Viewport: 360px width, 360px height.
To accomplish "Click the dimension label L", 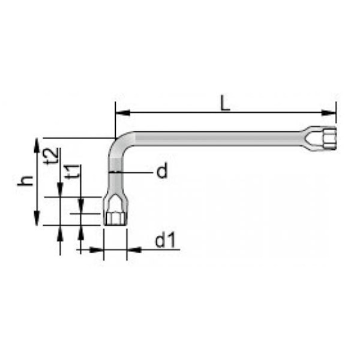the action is tap(225, 103).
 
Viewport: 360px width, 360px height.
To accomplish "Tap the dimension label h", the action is tap(26, 181).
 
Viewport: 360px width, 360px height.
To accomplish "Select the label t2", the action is tap(51, 156).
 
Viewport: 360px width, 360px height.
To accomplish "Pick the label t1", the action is tap(73, 172).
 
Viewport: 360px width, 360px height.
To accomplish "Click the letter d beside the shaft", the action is tap(162, 170).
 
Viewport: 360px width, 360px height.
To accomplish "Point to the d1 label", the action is tap(166, 240).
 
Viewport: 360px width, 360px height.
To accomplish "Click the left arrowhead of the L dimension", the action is tap(122, 113).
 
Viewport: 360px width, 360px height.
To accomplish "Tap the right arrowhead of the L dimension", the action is tap(329, 113).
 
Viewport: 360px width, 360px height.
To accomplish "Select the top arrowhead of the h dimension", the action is tap(37, 145).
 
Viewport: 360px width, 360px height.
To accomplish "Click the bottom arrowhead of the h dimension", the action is tap(37, 218).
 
